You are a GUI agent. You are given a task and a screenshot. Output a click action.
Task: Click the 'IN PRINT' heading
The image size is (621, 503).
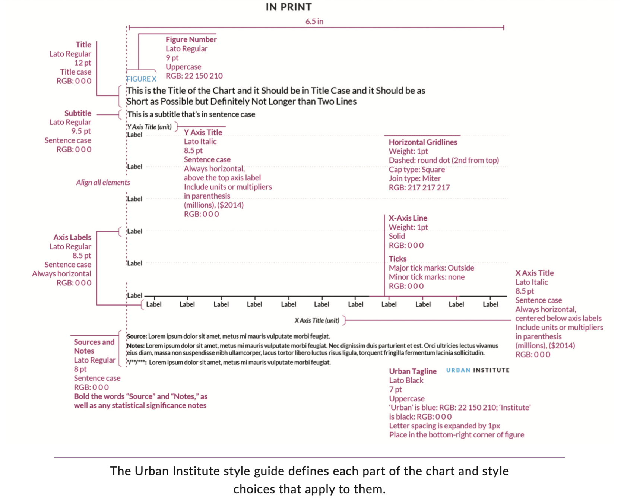click(x=288, y=7)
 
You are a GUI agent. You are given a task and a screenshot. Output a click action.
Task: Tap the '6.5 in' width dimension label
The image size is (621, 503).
click(x=314, y=22)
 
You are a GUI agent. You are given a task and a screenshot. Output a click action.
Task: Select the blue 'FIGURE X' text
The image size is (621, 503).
click(x=141, y=79)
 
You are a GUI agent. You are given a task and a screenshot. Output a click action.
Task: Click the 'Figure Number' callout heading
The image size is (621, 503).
click(x=191, y=39)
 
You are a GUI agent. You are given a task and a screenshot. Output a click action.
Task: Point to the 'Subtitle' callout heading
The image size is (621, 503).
click(x=77, y=113)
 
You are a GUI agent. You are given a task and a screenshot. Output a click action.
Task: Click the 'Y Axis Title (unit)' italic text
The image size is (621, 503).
click(x=149, y=127)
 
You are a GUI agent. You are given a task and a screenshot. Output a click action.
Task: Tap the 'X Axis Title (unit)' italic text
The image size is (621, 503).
click(x=317, y=320)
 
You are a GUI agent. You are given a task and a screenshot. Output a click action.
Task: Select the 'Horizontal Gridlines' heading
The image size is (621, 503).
click(x=422, y=142)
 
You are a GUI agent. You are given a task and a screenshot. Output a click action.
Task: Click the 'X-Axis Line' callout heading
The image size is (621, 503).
click(x=408, y=218)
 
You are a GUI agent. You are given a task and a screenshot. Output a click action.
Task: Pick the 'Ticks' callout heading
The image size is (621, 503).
click(x=397, y=259)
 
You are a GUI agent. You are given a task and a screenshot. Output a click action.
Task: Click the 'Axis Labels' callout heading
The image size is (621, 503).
click(x=72, y=237)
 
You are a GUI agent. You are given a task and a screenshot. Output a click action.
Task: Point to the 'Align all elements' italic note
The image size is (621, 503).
click(x=103, y=182)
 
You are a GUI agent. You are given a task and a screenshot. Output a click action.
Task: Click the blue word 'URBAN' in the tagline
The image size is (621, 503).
click(x=458, y=370)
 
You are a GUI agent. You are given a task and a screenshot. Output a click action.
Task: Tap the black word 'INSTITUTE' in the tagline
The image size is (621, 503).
click(x=491, y=370)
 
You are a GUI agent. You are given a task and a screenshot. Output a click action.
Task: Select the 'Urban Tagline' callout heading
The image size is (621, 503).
click(x=412, y=371)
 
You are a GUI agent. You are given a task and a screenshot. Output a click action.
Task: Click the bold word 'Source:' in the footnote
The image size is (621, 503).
click(x=137, y=336)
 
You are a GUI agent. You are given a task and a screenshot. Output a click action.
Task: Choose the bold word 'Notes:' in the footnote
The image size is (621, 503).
click(x=136, y=346)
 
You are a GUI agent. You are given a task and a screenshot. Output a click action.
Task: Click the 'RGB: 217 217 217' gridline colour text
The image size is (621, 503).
click(x=419, y=187)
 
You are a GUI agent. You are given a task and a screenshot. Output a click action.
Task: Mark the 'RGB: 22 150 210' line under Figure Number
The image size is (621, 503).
click(x=194, y=76)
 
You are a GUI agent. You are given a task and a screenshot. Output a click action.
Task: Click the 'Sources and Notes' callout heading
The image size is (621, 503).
click(x=94, y=346)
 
